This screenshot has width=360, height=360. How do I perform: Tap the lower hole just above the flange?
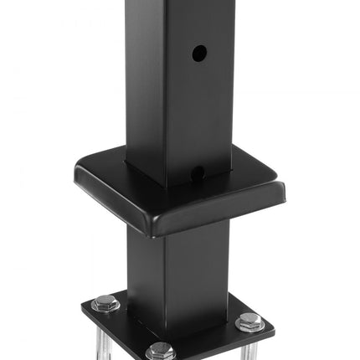click(198, 173)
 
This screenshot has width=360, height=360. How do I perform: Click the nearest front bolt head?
click(160, 350)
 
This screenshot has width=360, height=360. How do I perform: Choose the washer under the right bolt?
click(249, 327)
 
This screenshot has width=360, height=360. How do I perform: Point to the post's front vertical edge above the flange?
click(164, 92)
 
